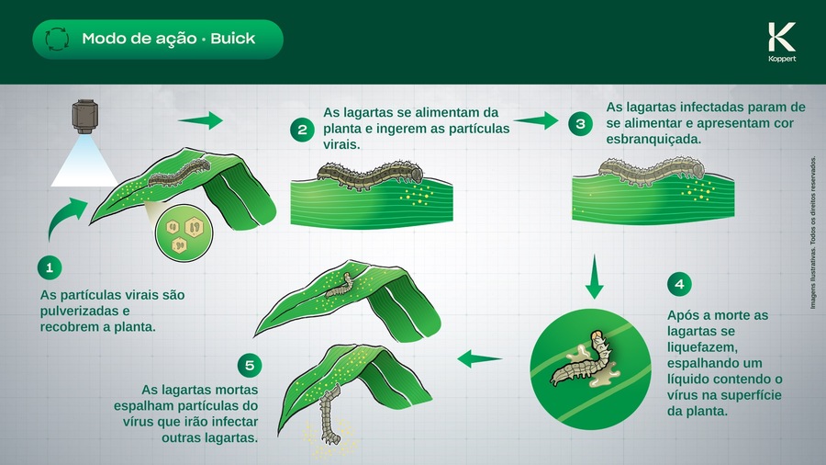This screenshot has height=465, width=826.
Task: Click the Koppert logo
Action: [x=782, y=41]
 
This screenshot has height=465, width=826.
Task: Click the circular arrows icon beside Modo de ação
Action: [x=57, y=40]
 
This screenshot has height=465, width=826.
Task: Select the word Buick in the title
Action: [x=232, y=40]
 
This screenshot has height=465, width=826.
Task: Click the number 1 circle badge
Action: [x=50, y=267]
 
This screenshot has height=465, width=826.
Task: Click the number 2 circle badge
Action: [x=302, y=130]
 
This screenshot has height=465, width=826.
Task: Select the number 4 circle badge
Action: [x=679, y=284]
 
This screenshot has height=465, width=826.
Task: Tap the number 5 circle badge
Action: [x=249, y=365]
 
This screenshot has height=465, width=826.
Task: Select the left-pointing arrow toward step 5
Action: [x=479, y=358]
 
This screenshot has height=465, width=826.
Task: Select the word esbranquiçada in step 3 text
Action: [x=653, y=141]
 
